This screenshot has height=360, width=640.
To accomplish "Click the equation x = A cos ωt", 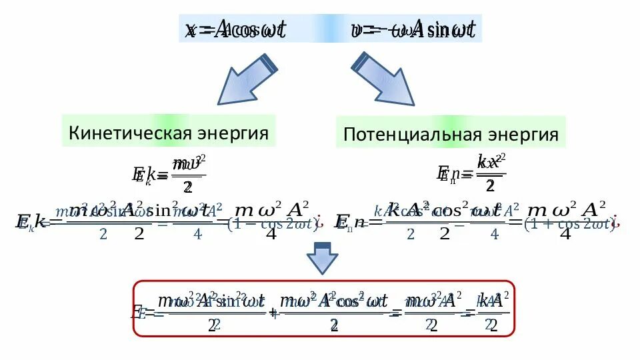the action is click(x=236, y=29).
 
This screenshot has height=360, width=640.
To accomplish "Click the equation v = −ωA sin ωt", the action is click(x=413, y=29).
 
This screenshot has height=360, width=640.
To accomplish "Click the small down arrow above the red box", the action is click(x=322, y=259).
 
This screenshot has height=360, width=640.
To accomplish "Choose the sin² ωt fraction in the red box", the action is click(x=212, y=311).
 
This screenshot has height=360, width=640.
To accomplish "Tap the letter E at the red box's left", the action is click(x=141, y=312).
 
